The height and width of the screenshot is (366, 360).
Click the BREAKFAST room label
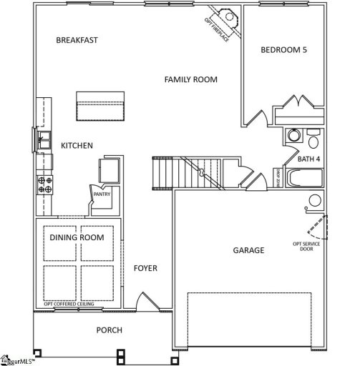pos(77,40)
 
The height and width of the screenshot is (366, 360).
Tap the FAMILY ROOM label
pos(190,79)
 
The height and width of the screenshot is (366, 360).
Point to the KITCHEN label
pos(77,146)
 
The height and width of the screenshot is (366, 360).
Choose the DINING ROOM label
pos(77,237)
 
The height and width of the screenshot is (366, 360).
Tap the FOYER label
pos(145,268)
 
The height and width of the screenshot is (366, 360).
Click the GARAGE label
pos(248,250)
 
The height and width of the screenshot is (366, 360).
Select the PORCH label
pos(109,330)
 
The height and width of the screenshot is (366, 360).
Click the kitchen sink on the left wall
pos(43,139)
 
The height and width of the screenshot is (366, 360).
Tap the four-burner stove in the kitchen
pos(44,184)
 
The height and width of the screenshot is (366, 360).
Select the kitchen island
pos(100,107)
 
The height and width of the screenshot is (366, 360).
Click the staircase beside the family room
pos(175,174)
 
